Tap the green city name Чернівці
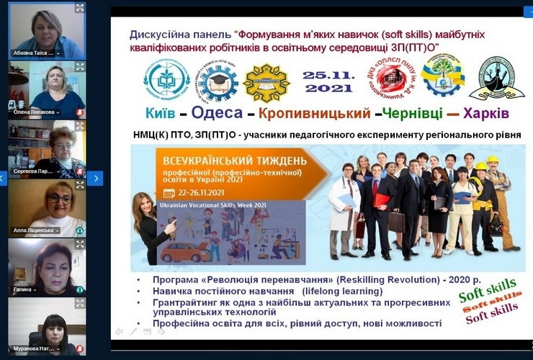tap(408, 113)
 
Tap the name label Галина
tap(25, 289)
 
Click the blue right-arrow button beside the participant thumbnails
tap(95, 178)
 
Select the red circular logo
tap(388, 78)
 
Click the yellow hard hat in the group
tap(492, 160)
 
